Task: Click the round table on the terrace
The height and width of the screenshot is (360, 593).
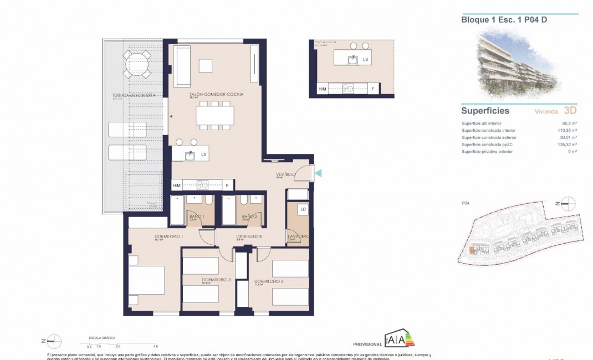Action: (x=137, y=64)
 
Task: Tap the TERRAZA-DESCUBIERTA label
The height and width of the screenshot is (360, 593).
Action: (x=133, y=95)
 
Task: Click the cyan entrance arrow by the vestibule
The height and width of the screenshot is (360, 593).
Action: (x=318, y=173)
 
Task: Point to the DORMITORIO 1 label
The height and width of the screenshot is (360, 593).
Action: (x=154, y=236)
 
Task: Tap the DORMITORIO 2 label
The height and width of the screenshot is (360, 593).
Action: (x=269, y=281)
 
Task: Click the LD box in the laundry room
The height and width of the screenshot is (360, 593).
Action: (x=303, y=209)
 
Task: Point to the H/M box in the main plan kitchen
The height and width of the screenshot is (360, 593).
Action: (x=177, y=185)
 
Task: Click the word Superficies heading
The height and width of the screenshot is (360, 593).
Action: (x=485, y=111)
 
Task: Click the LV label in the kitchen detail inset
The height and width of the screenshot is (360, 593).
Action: (x=365, y=59)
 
